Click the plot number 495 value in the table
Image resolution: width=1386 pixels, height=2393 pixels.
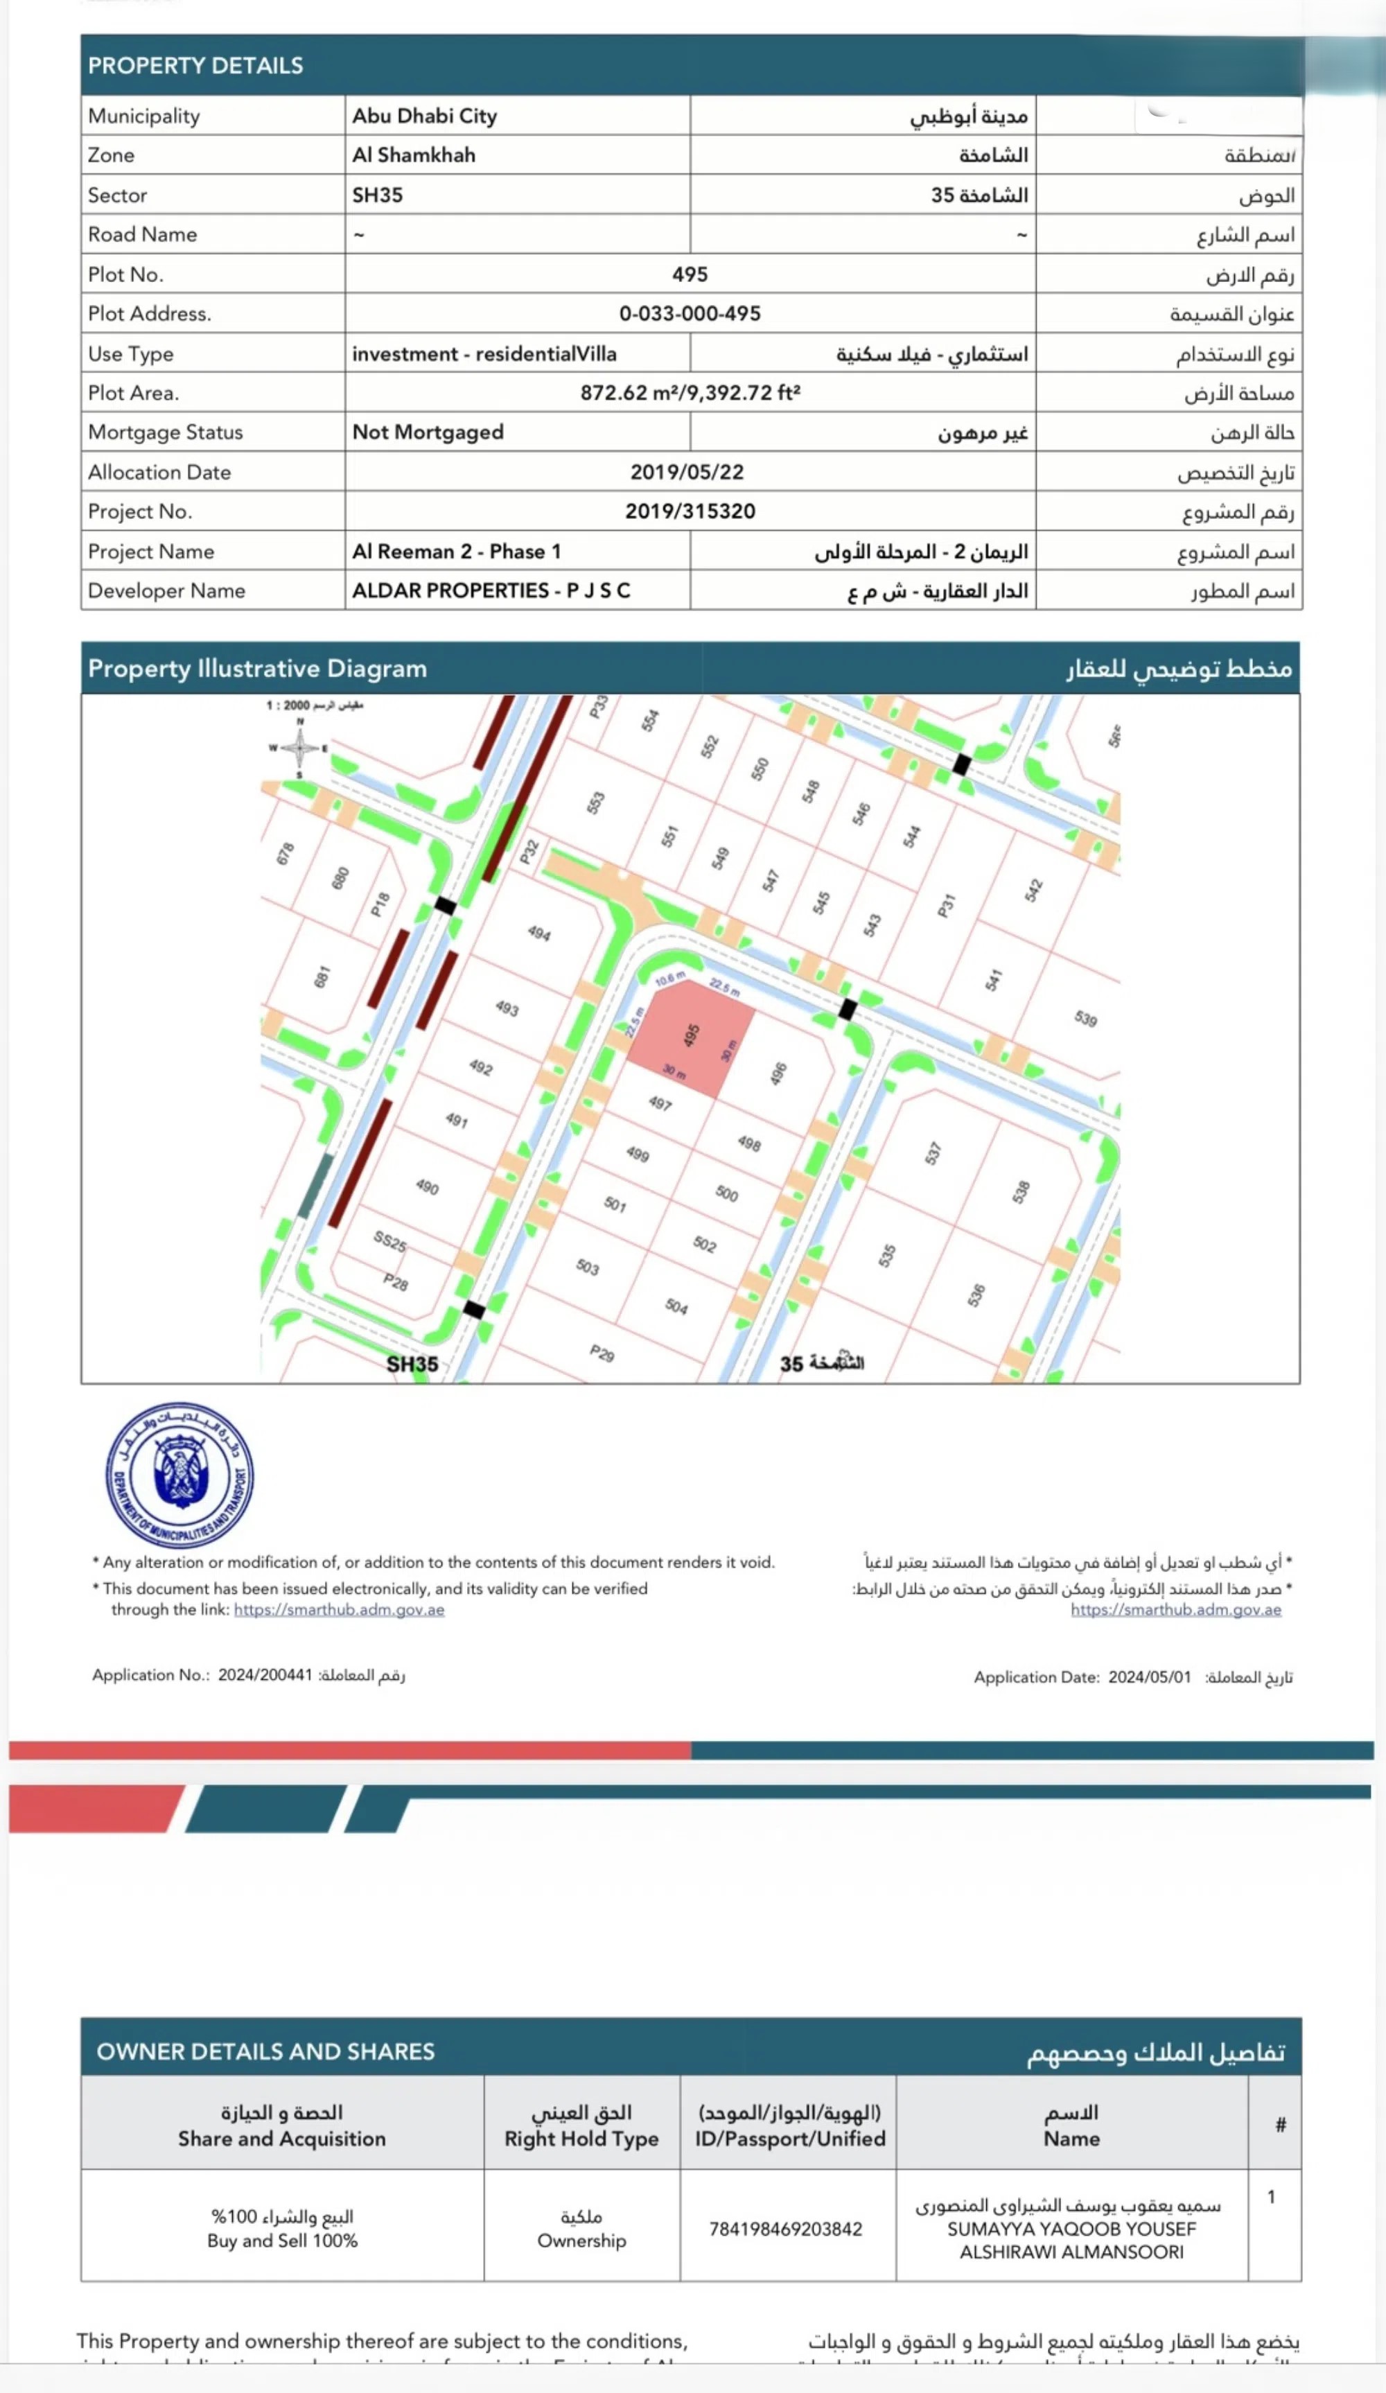coord(690,274)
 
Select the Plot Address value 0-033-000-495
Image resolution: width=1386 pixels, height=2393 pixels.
coord(690,313)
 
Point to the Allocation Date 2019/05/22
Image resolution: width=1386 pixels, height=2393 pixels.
coord(687,472)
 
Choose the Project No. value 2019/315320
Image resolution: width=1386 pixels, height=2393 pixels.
coord(690,511)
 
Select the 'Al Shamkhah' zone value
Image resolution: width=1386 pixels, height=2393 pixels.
coord(413,155)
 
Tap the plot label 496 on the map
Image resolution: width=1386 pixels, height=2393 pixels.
coord(778,1073)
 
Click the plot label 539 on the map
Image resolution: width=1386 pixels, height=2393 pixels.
coord(1086,1019)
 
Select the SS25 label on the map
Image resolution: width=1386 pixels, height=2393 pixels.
coord(389,1241)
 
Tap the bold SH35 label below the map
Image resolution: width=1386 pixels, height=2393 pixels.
coord(412,1364)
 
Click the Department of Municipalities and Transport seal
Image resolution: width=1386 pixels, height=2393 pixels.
coord(179,1474)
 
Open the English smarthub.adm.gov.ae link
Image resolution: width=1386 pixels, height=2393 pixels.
coord(339,1610)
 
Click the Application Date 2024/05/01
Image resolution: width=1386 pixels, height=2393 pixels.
coord(1149,1677)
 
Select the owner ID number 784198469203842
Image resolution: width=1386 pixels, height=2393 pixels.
coord(785,2229)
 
